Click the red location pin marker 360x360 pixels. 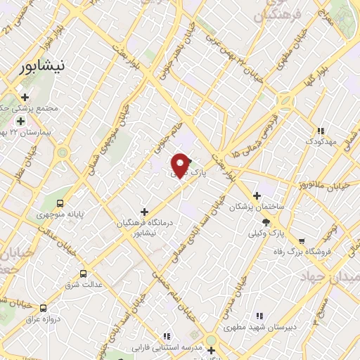pyautogui.click(x=181, y=165)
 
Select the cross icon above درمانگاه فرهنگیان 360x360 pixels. pyautogui.click(x=145, y=212)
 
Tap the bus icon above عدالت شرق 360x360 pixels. pyautogui.click(x=84, y=274)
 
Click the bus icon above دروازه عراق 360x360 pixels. pyautogui.click(x=44, y=307)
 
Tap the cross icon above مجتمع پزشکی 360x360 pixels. pyautogui.click(x=25, y=98)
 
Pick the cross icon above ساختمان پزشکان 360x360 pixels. pyautogui.click(x=257, y=195)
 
